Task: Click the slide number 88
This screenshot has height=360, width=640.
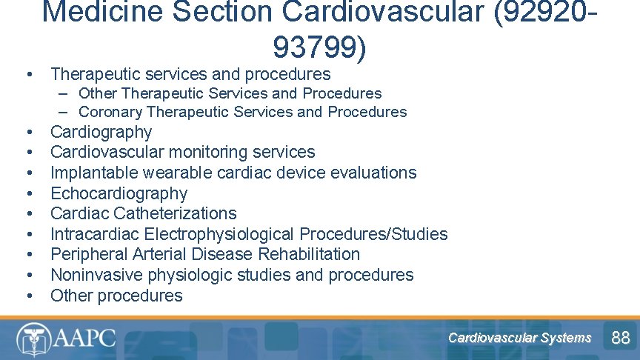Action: click(620, 339)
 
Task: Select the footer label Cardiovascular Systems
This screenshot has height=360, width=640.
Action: click(519, 339)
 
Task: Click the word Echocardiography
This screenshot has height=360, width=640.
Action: click(119, 193)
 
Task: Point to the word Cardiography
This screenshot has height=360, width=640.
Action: click(101, 132)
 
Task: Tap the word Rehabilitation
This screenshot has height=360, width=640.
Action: click(309, 254)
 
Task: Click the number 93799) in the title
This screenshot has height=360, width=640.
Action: click(319, 48)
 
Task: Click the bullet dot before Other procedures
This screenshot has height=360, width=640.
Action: click(28, 296)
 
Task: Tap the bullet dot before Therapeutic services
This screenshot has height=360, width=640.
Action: click(28, 74)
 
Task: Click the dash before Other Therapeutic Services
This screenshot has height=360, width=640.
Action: click(65, 93)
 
